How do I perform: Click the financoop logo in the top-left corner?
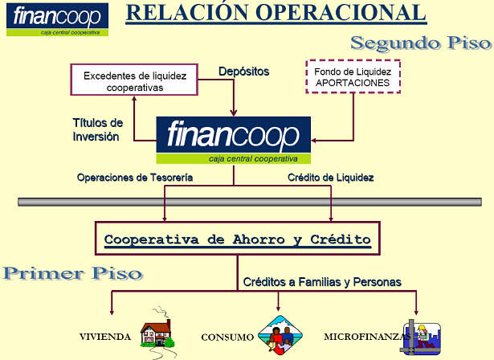(57, 19)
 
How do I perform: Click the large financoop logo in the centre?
(234, 141)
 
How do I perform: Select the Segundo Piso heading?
(421, 43)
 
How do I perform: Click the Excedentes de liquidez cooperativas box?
(134, 80)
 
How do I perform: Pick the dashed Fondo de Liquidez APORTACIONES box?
(353, 76)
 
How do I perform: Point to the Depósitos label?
(244, 72)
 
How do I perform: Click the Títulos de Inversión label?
(98, 129)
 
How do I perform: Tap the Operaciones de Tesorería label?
(135, 178)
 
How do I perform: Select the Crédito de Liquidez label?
(330, 178)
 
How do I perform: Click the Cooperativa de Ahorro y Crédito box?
(238, 239)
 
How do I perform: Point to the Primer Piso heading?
(73, 274)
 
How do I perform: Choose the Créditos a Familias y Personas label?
(322, 282)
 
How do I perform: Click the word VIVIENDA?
(105, 337)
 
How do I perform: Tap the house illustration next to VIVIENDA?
(158, 333)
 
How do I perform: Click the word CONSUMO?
(227, 337)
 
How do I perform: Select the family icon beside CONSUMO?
(280, 335)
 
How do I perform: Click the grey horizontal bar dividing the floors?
(250, 202)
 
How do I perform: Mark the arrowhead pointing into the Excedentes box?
(134, 98)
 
